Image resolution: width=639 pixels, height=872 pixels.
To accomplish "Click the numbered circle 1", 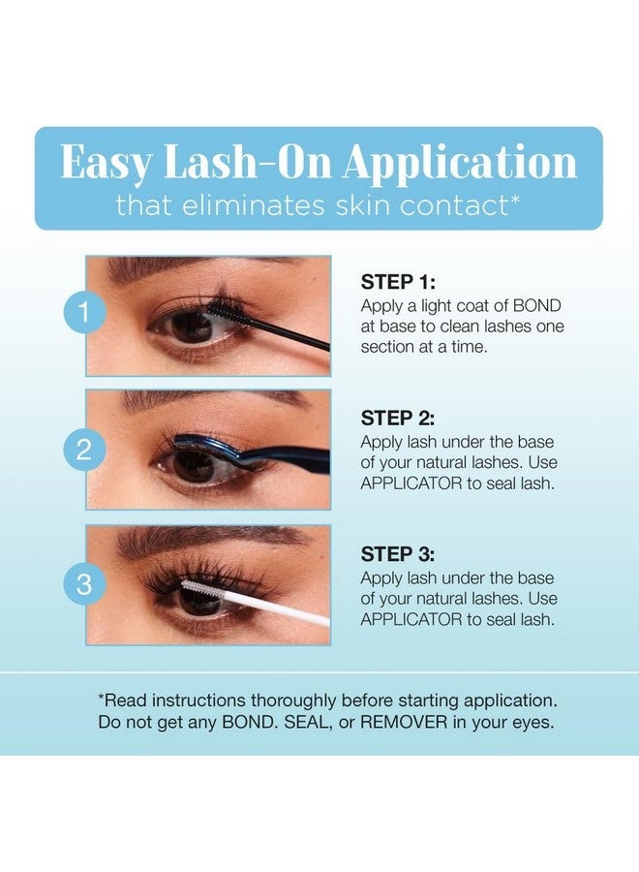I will (x=84, y=313).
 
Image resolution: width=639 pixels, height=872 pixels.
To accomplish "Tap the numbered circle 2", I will (x=84, y=449).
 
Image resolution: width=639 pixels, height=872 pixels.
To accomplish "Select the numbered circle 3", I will (x=84, y=584).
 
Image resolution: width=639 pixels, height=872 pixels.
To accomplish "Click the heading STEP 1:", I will (x=398, y=283).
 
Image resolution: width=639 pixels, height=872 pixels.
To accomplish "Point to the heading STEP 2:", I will (x=398, y=419).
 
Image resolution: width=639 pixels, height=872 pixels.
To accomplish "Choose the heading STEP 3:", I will (x=398, y=554).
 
